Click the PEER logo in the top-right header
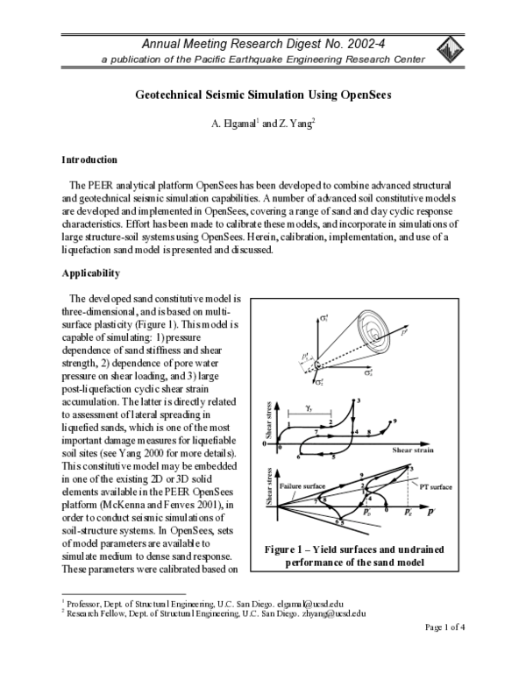click(450, 49)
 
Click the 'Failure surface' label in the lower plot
click(301, 484)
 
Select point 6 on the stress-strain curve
click(300, 457)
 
